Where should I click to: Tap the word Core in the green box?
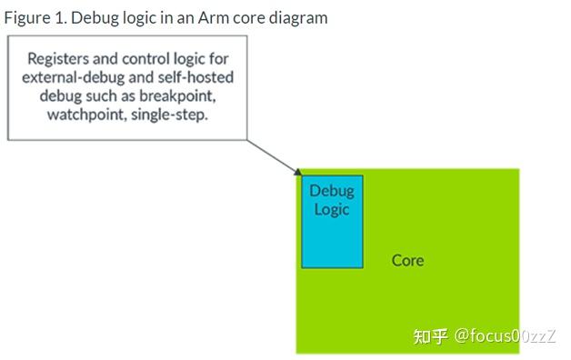(407, 261)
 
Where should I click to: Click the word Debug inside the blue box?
(332, 191)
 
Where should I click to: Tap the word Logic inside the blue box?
(332, 209)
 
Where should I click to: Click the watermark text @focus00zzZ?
(505, 336)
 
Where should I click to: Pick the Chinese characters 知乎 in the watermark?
(430, 336)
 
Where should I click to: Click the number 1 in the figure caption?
(56, 17)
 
